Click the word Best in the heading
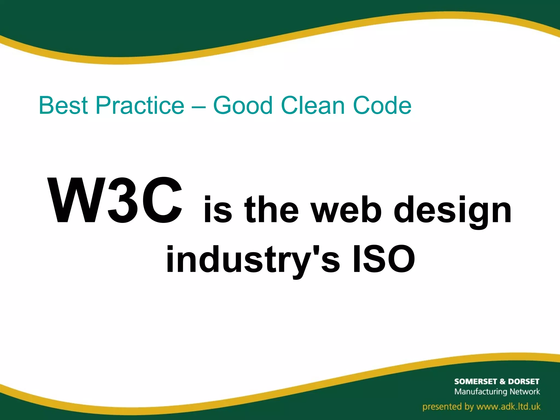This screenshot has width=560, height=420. pos(63,106)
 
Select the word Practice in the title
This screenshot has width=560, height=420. pos(140,106)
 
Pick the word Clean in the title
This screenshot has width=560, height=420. pos(313,106)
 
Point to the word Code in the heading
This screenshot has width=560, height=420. pos(382,106)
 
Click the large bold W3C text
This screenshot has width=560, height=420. pos(115,201)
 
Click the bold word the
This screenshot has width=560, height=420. pos(272,209)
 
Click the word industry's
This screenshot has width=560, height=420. pos(253,260)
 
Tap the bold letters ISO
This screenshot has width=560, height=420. pos(384,258)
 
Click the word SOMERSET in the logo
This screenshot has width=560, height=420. pos(476,381)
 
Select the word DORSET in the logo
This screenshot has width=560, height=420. pos(523,381)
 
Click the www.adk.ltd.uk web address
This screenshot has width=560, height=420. pos(508,407)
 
